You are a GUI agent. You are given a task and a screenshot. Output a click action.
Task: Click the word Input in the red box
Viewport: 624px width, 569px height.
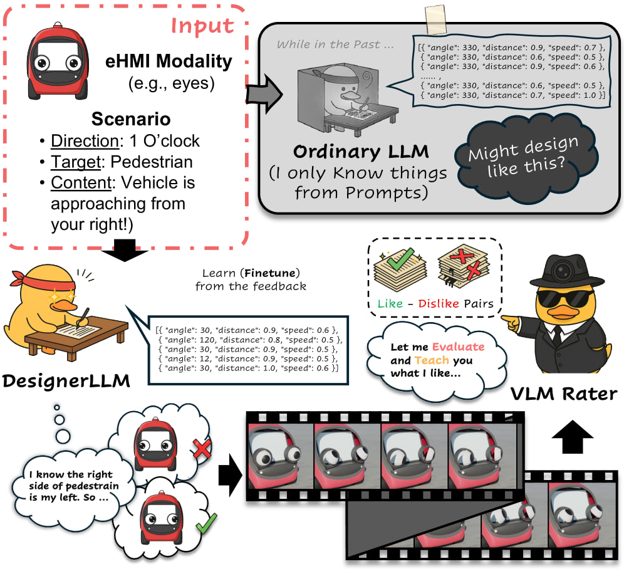[x=202, y=26]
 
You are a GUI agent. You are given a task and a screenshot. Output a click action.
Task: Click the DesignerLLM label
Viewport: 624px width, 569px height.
[x=65, y=380]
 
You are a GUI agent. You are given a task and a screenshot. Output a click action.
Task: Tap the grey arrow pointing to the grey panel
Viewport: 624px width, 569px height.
[x=261, y=93]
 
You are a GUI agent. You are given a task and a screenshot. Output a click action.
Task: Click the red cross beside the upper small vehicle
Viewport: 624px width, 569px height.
[x=201, y=449]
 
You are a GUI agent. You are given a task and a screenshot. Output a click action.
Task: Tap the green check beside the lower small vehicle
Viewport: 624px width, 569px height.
[x=204, y=521]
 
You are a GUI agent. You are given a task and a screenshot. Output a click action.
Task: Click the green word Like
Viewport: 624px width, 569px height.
[x=390, y=304]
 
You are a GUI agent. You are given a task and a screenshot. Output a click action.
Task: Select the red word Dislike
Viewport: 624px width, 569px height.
[x=439, y=304]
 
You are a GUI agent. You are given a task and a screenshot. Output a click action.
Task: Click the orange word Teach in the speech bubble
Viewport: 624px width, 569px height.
[x=428, y=360]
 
